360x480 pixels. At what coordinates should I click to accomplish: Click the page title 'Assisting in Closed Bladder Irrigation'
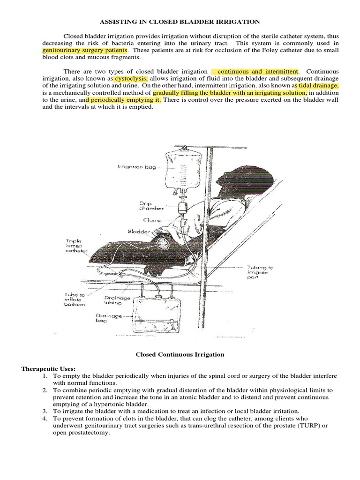coord(180,22)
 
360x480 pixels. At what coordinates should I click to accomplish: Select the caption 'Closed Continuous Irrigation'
coord(180,355)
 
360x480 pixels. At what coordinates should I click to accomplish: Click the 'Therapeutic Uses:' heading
coord(48,369)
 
